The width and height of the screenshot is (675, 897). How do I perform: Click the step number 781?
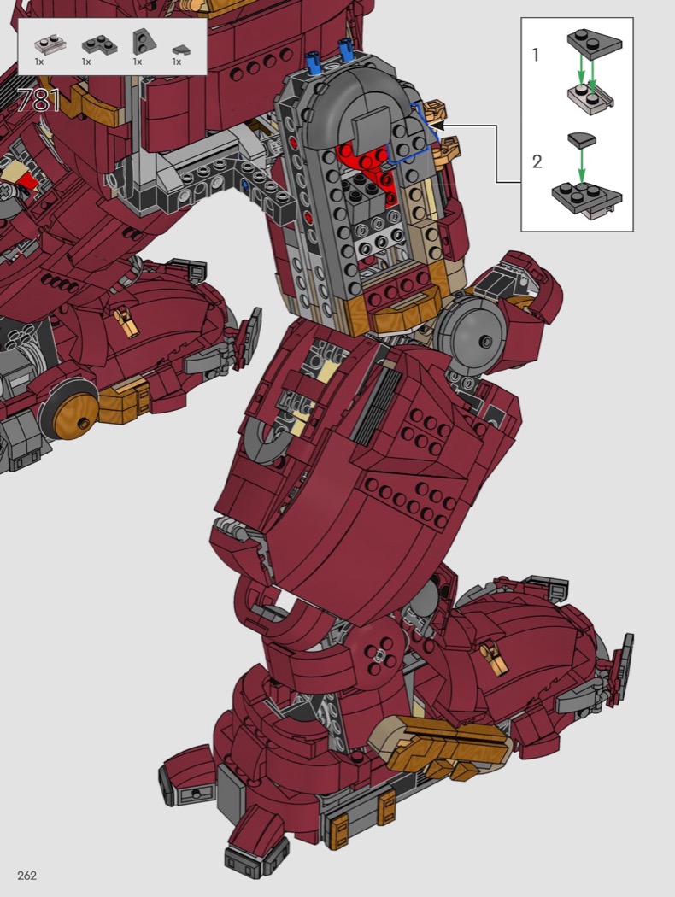[x=39, y=101]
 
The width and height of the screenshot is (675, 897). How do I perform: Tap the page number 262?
[x=26, y=876]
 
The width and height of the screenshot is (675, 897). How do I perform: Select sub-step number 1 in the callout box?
[x=536, y=55]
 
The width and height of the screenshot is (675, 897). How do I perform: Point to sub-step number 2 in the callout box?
[x=537, y=161]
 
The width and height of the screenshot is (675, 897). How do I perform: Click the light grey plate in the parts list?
[x=49, y=44]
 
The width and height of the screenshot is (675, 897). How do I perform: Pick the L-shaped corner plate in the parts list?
[x=99, y=44]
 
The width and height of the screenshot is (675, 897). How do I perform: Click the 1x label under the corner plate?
[x=86, y=62]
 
